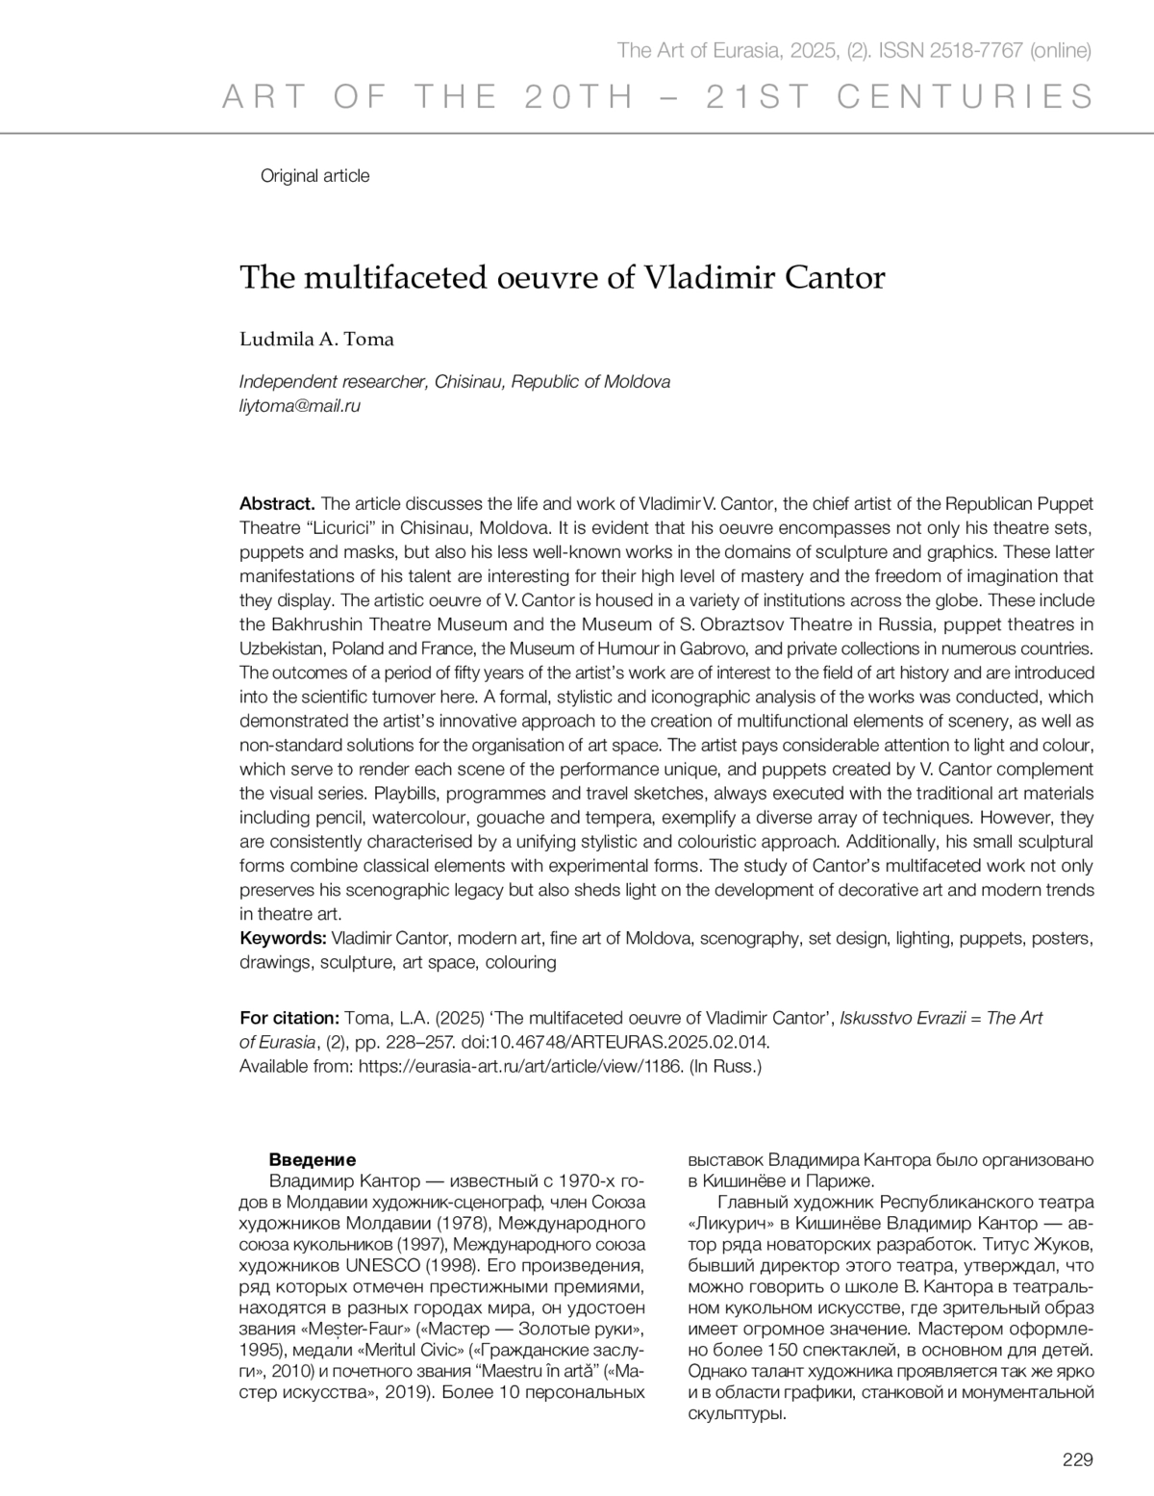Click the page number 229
pos(1078,1459)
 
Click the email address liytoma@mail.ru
pos(299,406)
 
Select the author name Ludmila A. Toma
pos(316,339)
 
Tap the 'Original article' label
pos(314,176)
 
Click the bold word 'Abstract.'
pos(277,503)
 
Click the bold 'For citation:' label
pos(288,1018)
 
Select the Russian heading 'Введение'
pos(312,1159)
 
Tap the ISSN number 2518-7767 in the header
pos(976,51)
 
